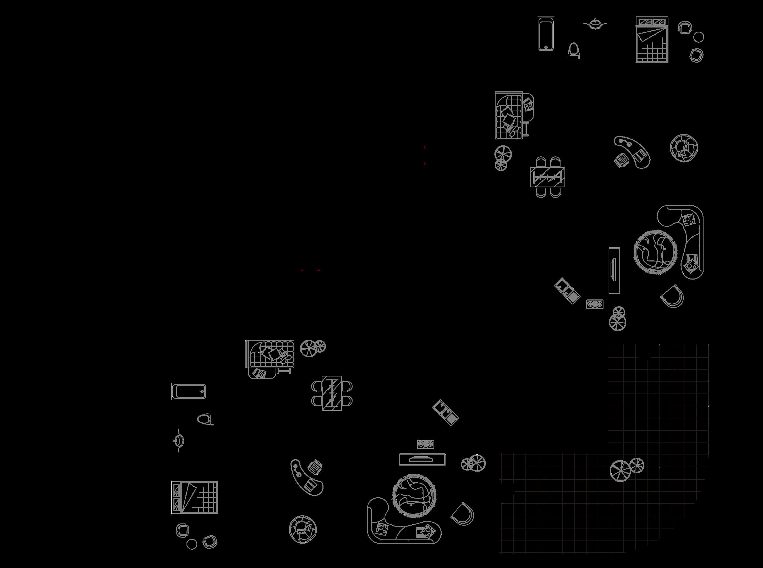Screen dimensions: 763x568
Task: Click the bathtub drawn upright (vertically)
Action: (x=546, y=34)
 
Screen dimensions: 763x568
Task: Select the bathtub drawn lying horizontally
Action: (x=189, y=391)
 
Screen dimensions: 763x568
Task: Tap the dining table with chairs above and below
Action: (x=547, y=177)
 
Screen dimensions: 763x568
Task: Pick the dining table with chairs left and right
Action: (x=332, y=393)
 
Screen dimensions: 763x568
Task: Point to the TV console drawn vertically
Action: (x=614, y=271)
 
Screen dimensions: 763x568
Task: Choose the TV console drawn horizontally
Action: (x=422, y=459)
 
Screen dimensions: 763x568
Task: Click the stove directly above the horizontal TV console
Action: (x=425, y=444)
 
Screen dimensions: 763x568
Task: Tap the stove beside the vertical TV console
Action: (x=595, y=304)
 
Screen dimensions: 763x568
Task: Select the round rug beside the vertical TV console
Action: (x=655, y=252)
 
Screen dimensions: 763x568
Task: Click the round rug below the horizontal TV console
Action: (x=414, y=495)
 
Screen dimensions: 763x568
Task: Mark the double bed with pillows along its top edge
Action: (x=652, y=40)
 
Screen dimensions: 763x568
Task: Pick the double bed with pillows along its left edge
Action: (x=195, y=497)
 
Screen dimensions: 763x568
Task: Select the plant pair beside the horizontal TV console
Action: (x=473, y=463)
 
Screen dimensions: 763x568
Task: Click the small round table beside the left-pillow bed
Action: (x=192, y=544)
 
